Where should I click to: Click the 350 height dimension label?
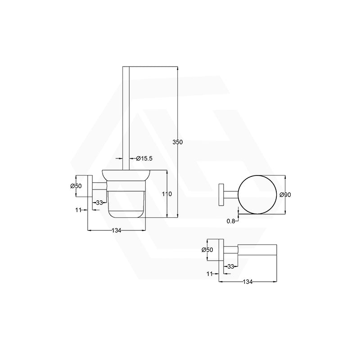coord(177,142)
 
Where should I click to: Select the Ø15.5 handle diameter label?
coord(144,158)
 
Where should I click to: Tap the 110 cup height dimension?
coord(166,194)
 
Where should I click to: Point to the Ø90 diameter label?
coord(285,195)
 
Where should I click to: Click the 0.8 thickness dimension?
coord(231,221)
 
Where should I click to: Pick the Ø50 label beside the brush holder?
coord(76,186)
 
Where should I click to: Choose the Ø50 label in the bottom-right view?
coord(207,250)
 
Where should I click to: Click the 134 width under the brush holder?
coord(117,230)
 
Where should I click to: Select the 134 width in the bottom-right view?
coord(247,282)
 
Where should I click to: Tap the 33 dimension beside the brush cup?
coord(99,203)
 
